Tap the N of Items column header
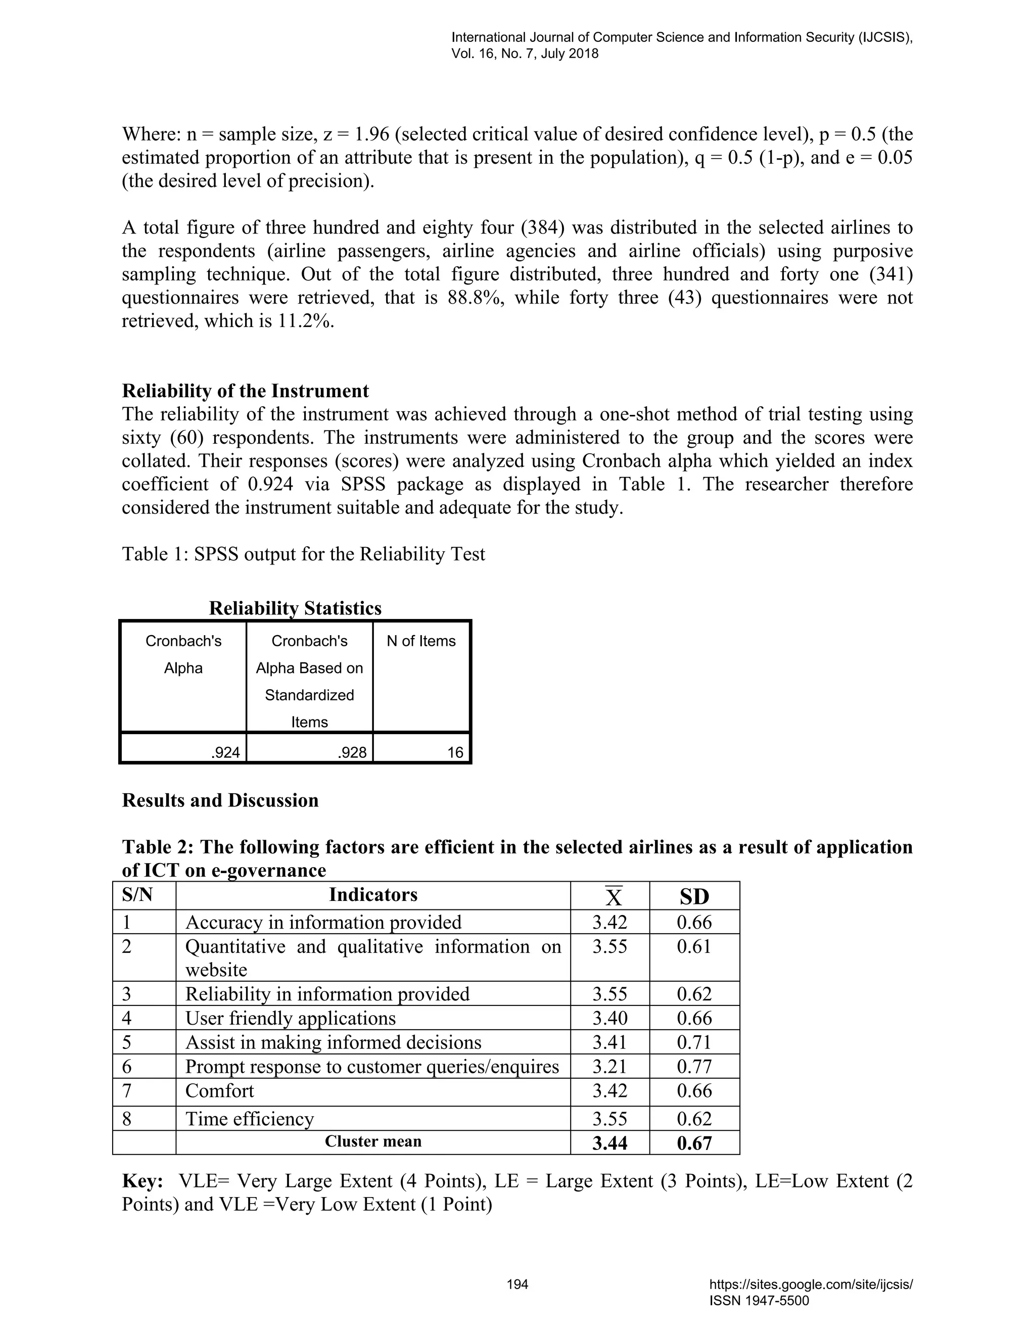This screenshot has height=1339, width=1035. [421, 641]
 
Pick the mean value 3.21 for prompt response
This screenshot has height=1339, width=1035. [609, 1067]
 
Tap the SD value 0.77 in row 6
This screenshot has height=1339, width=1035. [694, 1067]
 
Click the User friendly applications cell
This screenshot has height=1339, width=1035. [291, 1018]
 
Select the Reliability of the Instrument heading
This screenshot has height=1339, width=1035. [245, 391]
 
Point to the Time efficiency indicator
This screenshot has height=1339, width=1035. [250, 1119]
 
